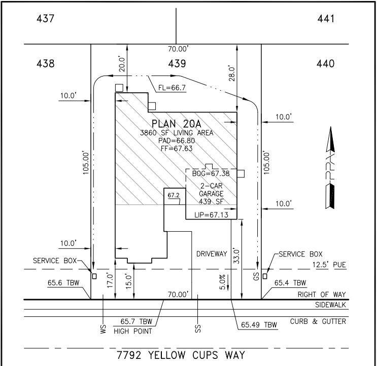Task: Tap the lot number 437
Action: [x=46, y=19]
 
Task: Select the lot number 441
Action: [x=325, y=19]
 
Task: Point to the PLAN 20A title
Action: [x=178, y=124]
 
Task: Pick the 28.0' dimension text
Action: [x=232, y=76]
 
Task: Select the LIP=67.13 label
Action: [x=212, y=215]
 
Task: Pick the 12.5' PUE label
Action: [x=330, y=264]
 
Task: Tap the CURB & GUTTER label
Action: [x=318, y=321]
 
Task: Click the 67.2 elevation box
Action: [x=174, y=195]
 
